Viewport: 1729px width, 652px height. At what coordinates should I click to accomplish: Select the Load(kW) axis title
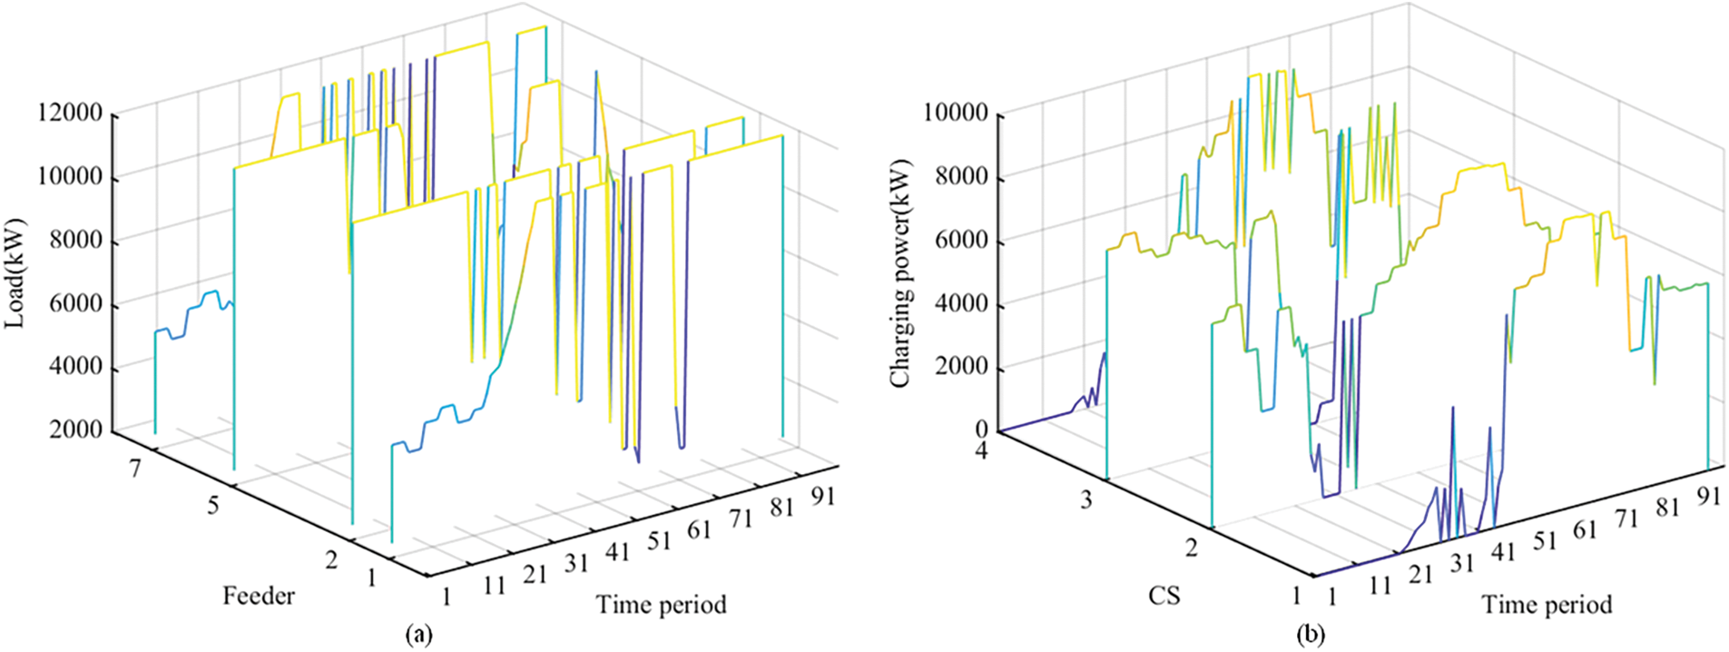[x=15, y=273]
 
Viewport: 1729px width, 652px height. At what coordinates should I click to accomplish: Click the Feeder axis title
[x=259, y=597]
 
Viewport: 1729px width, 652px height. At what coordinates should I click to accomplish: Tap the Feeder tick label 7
[x=135, y=469]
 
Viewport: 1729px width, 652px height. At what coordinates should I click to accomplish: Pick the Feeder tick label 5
[x=212, y=505]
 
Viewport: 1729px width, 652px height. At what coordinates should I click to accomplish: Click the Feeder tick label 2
[x=331, y=559]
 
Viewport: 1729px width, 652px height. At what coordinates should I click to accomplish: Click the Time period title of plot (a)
[x=661, y=605]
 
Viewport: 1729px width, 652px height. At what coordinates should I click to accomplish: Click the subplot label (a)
[x=418, y=634]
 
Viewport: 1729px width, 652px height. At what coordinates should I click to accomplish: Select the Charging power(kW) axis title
[x=900, y=273]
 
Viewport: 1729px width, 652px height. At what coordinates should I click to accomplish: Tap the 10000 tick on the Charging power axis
[x=955, y=114]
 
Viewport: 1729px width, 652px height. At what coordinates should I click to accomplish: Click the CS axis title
[x=1164, y=597]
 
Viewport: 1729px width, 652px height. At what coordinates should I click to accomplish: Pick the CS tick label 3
[x=1086, y=500]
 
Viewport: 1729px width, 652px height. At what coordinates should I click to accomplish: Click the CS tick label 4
[x=981, y=449]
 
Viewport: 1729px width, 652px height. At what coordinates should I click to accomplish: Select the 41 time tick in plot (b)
[x=1502, y=551]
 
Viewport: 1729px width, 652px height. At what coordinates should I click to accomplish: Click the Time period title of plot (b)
[x=1547, y=605]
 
